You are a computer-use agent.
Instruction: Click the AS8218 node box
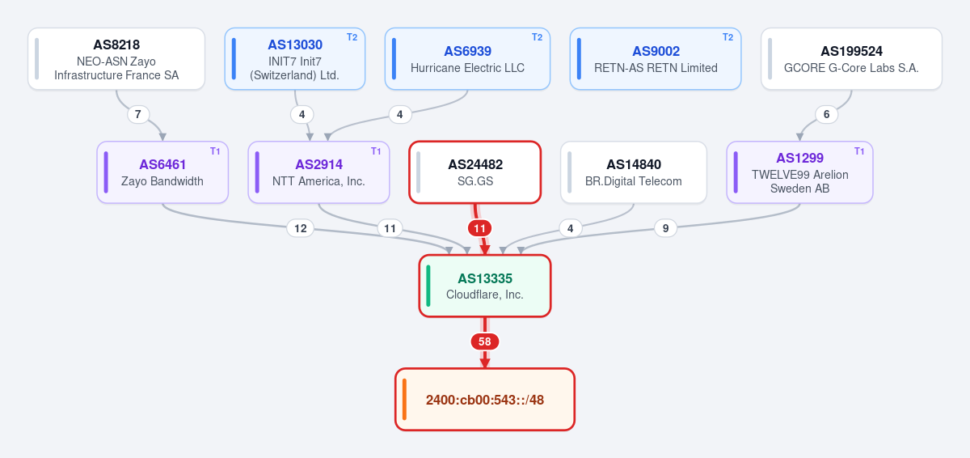click(x=116, y=59)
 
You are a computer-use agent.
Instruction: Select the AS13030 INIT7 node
click(x=295, y=59)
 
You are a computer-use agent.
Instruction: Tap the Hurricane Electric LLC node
click(x=468, y=59)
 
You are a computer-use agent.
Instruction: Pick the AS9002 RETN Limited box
click(x=656, y=59)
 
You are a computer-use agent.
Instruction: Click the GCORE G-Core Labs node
click(x=851, y=59)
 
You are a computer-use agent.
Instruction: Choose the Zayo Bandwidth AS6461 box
click(x=162, y=172)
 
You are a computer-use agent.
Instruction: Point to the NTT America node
click(x=318, y=172)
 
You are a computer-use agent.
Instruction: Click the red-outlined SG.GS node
click(x=475, y=172)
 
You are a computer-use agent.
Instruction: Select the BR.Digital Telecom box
click(x=634, y=172)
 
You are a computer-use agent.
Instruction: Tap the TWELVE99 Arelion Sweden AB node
click(x=799, y=172)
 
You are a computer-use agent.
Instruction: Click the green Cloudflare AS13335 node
click(x=485, y=286)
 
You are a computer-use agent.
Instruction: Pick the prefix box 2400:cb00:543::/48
click(x=485, y=400)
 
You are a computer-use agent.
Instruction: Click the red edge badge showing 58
click(x=485, y=341)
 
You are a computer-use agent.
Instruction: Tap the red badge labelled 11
click(x=479, y=228)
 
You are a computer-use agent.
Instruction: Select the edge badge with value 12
click(x=301, y=228)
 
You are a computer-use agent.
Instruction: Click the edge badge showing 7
click(x=138, y=114)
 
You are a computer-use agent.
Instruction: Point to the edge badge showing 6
click(x=826, y=114)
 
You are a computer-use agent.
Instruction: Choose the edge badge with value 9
click(x=665, y=228)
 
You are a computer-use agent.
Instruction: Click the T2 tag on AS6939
click(x=537, y=37)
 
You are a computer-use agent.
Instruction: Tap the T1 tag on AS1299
click(x=859, y=151)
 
